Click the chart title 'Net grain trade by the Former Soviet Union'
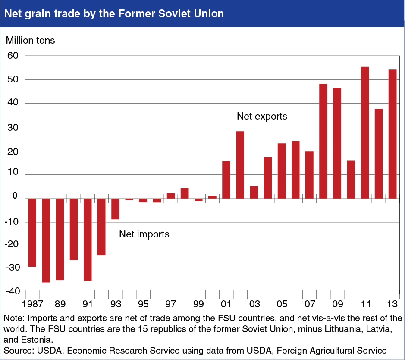point(114,13)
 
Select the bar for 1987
point(32,233)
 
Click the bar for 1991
point(88,240)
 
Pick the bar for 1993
point(115,209)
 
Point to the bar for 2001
point(226,180)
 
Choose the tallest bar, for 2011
point(364,133)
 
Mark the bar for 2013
point(392,134)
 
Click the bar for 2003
point(254,193)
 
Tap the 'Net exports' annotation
point(262,116)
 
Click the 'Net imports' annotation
point(144,234)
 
